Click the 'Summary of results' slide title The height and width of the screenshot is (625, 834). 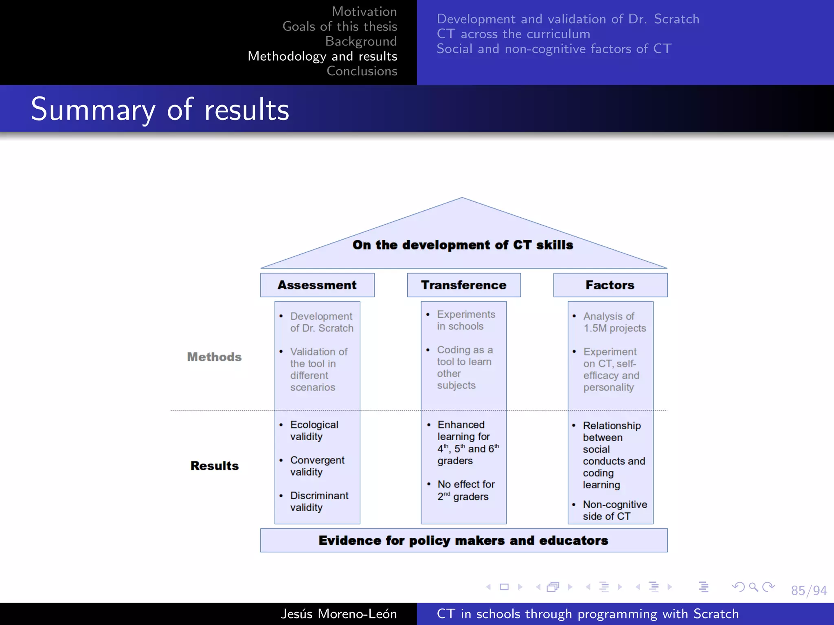(160, 109)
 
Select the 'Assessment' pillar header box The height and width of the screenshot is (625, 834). (317, 285)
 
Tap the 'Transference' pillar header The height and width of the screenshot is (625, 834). (463, 285)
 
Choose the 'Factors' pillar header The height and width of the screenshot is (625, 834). (610, 285)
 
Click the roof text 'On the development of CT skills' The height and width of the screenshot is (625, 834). (463, 245)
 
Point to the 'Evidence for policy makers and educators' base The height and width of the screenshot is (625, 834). (463, 540)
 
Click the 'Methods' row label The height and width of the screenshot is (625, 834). (214, 357)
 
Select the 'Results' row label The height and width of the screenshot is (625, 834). (215, 465)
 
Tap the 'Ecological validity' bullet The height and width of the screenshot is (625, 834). (314, 431)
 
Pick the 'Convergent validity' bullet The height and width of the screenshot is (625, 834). (317, 466)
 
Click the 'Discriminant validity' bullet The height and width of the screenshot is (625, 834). (319, 501)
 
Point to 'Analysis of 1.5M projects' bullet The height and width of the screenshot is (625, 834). (614, 322)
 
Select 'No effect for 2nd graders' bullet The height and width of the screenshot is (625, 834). (466, 490)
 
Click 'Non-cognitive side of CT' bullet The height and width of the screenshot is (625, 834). (615, 510)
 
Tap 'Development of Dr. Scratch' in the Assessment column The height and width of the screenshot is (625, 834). (321, 322)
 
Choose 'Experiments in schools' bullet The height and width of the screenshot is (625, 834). (466, 320)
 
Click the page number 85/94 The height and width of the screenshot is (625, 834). (809, 590)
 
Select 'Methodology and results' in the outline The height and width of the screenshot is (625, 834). (322, 56)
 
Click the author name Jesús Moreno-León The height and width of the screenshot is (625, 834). (338, 614)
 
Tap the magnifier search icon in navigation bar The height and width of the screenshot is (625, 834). (753, 587)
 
